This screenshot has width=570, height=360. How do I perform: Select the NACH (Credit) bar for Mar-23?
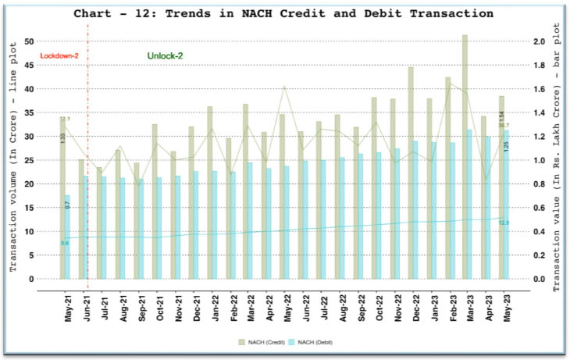465,156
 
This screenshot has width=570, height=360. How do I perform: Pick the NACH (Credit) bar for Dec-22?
411,172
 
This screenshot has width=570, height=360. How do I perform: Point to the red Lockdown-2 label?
59,55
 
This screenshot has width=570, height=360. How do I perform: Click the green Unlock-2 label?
165,55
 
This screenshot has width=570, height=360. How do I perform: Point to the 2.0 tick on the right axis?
538,41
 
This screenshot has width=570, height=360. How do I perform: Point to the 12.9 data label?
504,223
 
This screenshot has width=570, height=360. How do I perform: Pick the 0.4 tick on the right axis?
538,231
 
